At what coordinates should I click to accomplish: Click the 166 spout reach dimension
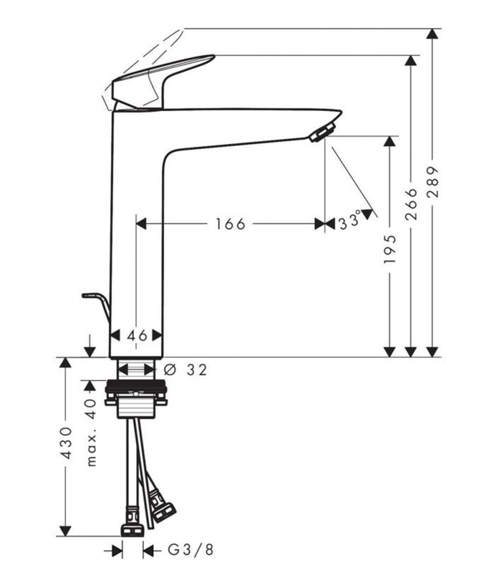click(231, 224)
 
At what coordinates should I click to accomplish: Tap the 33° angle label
click(349, 220)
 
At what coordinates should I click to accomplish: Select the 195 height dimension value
click(390, 249)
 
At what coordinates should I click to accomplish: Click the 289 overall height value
click(432, 182)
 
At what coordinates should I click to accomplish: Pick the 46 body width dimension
click(137, 336)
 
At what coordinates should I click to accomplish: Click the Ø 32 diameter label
click(185, 370)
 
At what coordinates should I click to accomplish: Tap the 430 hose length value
click(66, 443)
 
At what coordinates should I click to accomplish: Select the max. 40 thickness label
click(91, 433)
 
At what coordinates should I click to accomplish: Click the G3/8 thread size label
click(191, 550)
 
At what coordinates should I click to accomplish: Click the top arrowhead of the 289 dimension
click(432, 34)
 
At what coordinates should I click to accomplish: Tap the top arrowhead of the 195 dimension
click(390, 141)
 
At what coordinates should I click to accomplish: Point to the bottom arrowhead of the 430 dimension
click(66, 531)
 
